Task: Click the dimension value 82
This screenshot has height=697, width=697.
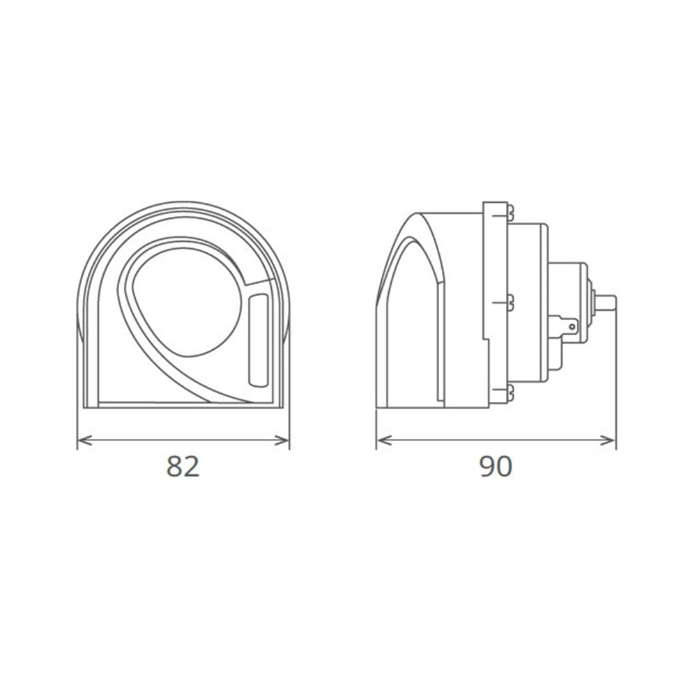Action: pos(183,466)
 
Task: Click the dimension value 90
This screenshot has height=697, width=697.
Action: pos(496,466)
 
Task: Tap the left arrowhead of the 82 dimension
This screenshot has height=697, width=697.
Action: pos(82,440)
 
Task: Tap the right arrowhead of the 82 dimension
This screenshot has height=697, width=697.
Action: pos(284,440)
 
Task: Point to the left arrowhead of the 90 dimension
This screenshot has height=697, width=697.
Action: pos(381,440)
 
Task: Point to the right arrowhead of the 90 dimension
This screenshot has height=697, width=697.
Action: pos(611,440)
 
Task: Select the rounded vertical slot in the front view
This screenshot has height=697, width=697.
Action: pos(258,339)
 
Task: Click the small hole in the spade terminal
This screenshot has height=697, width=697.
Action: pos(572,325)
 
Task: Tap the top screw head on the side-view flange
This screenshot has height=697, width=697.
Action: pos(511,208)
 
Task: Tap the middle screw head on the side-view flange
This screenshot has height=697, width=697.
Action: pos(511,302)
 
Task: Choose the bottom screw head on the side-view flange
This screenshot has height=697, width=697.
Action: pos(511,392)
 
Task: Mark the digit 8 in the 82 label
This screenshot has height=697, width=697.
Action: pos(175,466)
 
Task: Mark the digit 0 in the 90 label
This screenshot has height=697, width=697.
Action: pos(504,466)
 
